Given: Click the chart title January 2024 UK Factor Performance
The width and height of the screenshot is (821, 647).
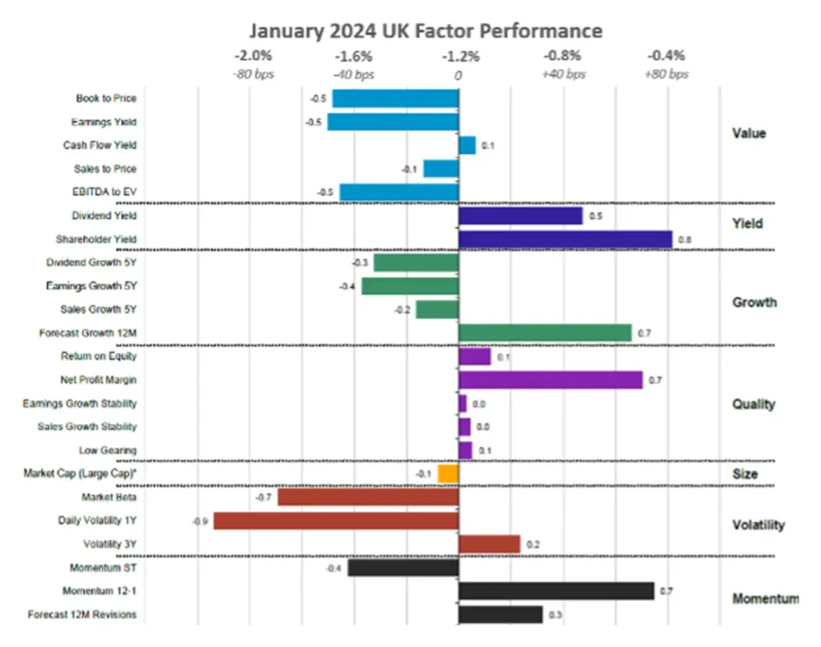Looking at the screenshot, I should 425,30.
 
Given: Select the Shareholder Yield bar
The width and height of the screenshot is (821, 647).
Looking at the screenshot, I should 564,239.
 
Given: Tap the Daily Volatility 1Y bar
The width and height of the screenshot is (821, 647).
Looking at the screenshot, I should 336,521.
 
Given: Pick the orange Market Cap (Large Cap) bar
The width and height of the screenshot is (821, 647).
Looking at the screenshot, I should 448,474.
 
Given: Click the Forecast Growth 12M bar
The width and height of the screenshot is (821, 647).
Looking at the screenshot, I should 544,333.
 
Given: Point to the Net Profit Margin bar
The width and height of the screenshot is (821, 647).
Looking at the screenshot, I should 550,380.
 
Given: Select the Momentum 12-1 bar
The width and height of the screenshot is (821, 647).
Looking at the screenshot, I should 556,592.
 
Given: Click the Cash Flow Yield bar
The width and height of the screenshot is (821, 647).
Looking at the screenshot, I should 467,145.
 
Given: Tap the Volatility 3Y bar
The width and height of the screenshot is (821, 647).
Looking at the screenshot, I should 489,544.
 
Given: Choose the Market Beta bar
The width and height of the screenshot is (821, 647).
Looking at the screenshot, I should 368,497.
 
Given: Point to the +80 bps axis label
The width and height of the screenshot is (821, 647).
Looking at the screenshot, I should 665,75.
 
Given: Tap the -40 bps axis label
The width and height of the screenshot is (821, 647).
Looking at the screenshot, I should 354,75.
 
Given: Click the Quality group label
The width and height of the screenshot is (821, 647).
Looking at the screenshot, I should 754,404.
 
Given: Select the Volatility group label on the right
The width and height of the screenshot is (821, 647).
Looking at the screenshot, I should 758,525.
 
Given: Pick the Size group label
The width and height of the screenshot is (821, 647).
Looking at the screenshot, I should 745,474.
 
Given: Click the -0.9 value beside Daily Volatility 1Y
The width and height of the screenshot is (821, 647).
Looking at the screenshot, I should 200,521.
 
